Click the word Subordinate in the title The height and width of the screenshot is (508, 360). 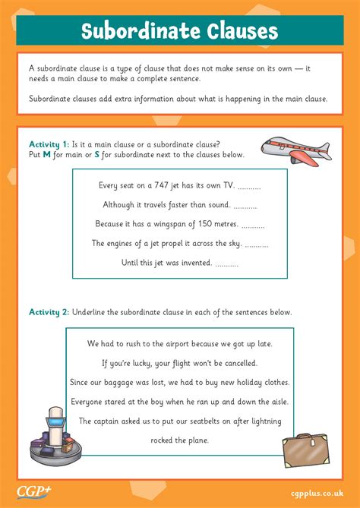pyautogui.click(x=135, y=32)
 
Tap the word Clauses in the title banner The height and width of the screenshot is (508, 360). pyautogui.click(x=235, y=32)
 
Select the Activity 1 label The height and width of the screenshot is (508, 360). pyautogui.click(x=49, y=144)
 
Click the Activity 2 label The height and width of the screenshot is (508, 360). pyautogui.click(x=49, y=312)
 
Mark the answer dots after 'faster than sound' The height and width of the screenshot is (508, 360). pyautogui.click(x=245, y=205)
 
